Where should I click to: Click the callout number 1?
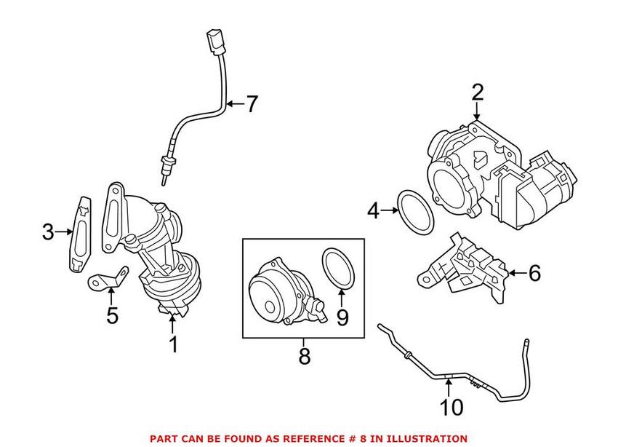[x=173, y=344]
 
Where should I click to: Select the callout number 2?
[x=477, y=92]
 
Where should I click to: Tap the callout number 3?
[x=48, y=232]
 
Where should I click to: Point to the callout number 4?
[x=374, y=211]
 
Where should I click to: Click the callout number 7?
[x=251, y=104]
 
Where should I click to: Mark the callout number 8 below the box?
[x=304, y=357]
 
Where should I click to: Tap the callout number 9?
[x=342, y=317]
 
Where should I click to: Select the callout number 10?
[x=452, y=406]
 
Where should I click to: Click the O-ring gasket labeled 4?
[x=417, y=212]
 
